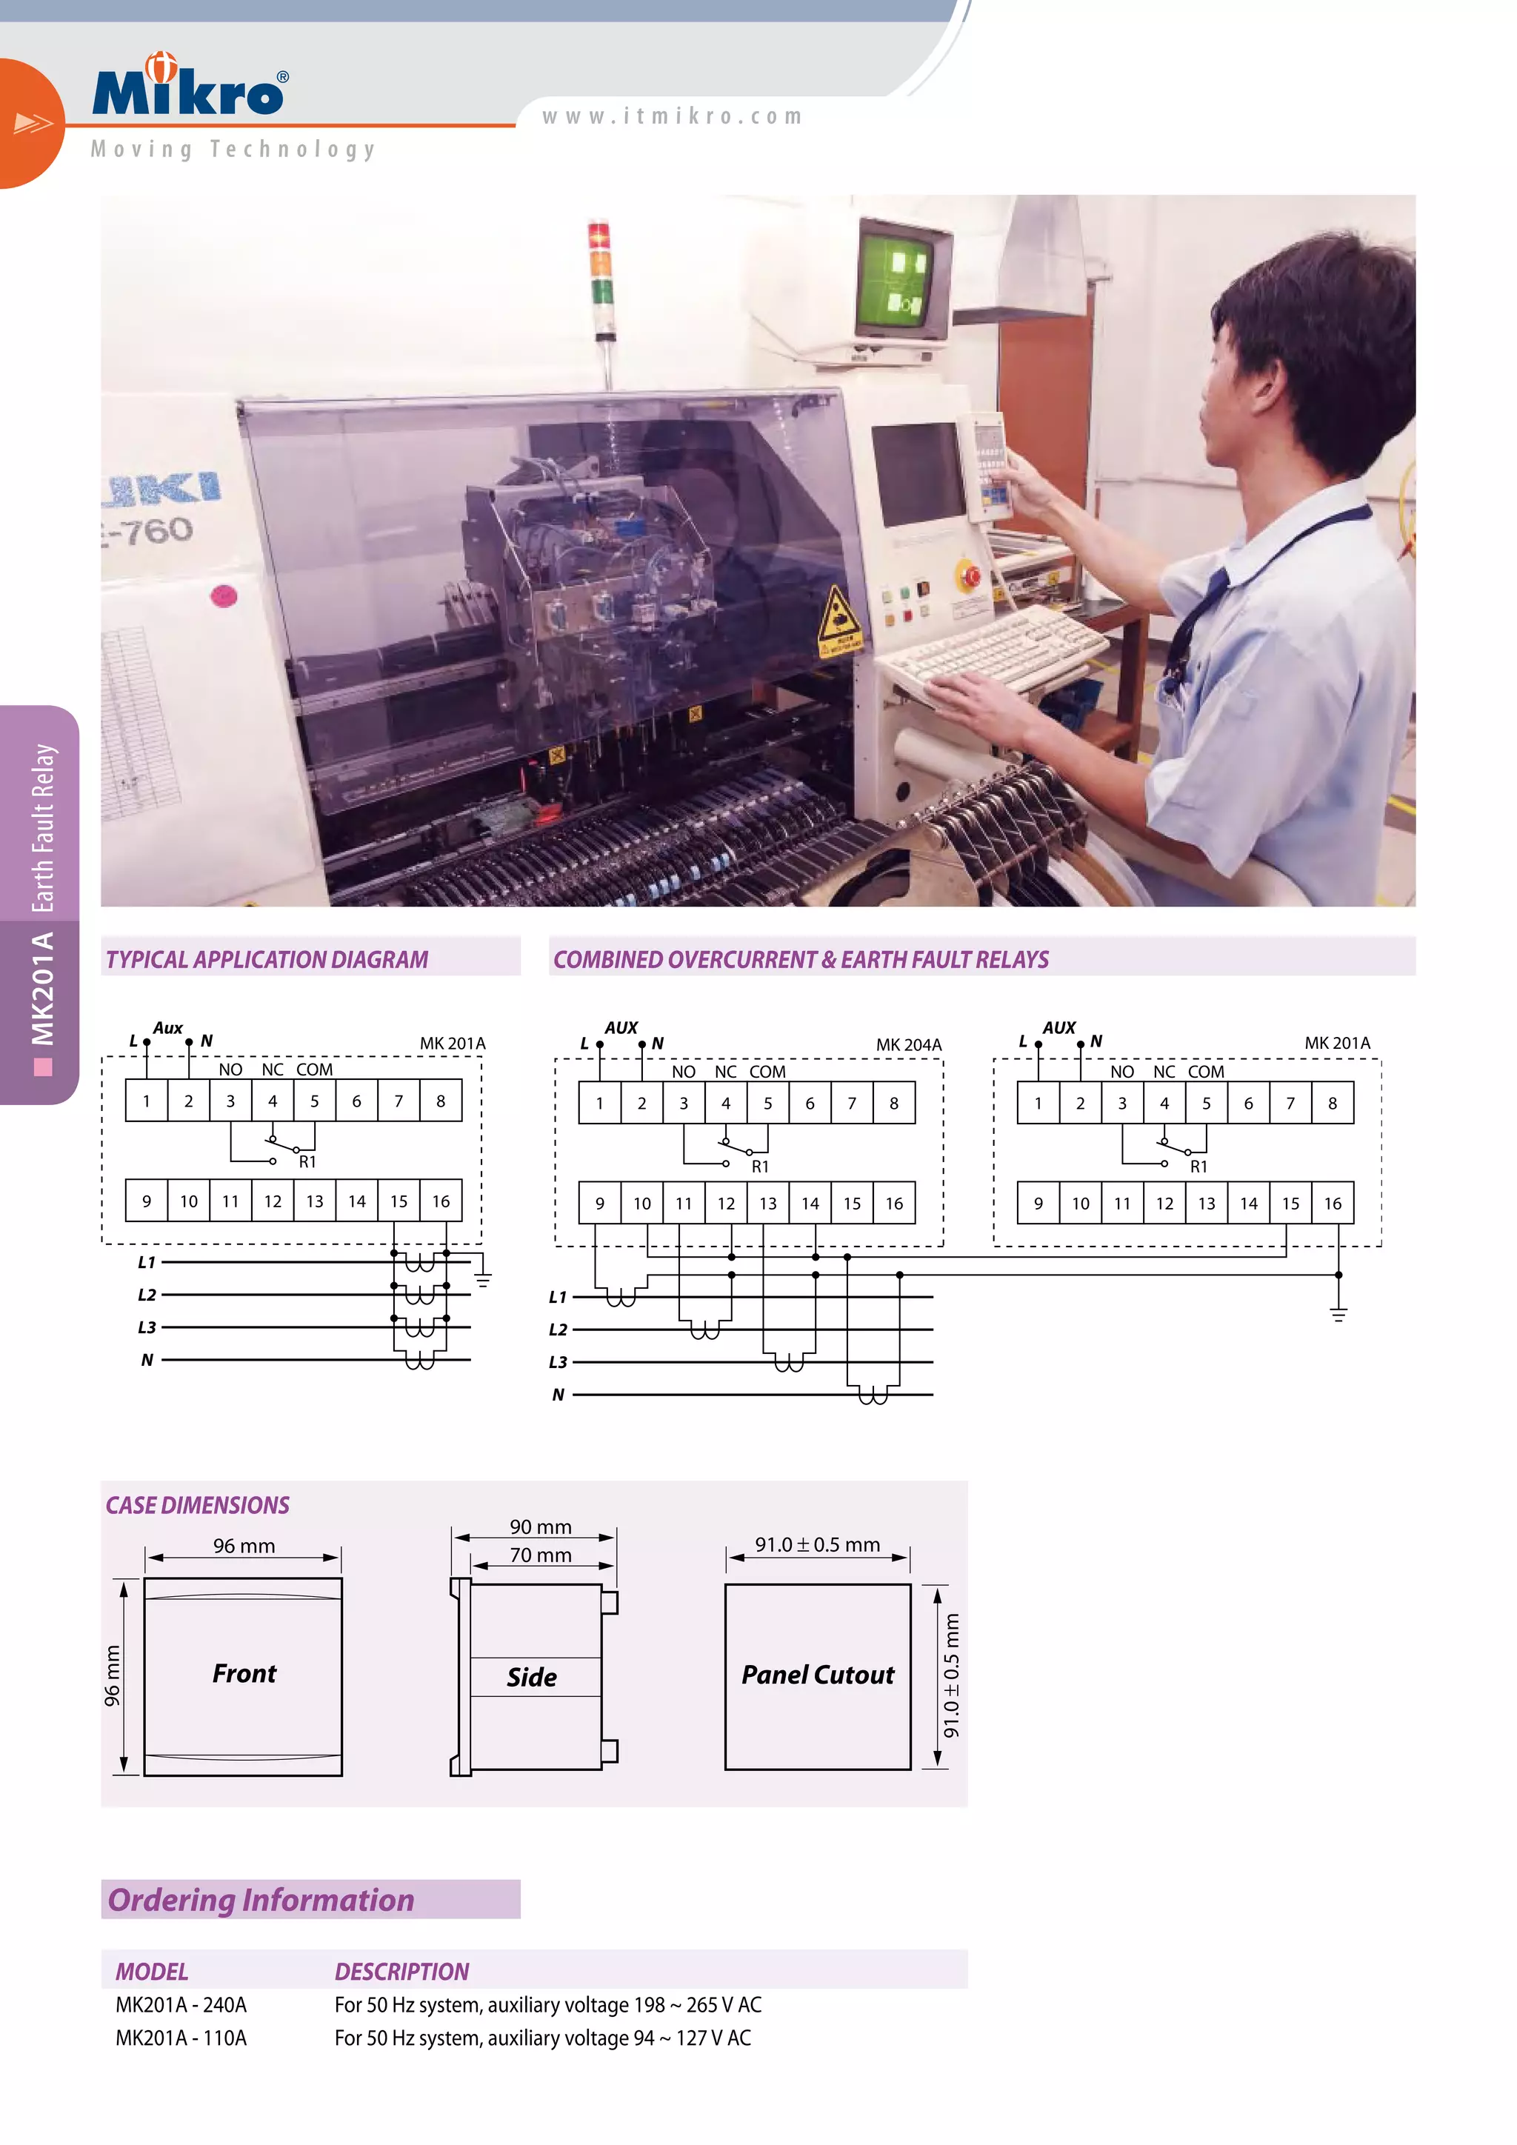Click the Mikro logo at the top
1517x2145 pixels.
190,88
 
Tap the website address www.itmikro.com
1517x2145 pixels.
672,117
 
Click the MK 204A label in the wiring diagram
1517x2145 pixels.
908,1044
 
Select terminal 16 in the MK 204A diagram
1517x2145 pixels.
894,1204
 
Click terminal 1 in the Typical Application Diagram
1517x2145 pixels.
147,1101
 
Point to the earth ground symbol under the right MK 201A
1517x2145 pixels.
1338,1313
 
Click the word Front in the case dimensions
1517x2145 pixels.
244,1673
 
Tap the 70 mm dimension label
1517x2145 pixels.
540,1555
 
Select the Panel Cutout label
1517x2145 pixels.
817,1674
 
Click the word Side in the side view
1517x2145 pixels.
532,1677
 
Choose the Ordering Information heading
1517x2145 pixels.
261,1899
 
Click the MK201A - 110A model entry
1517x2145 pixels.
181,2038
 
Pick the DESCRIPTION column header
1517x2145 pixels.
401,1971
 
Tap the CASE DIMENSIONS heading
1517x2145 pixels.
197,1505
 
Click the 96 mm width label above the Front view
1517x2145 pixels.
244,1546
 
